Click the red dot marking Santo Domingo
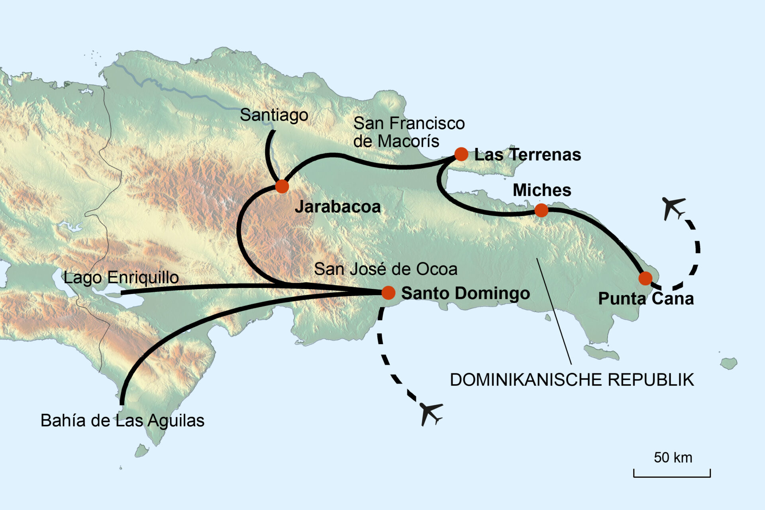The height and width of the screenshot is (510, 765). (388, 292)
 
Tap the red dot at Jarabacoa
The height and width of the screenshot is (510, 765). (282, 186)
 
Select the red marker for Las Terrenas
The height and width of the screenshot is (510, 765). (461, 154)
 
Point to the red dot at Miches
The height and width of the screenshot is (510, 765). (541, 210)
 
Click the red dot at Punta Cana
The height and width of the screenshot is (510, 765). (645, 278)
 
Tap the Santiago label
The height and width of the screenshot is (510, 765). (274, 115)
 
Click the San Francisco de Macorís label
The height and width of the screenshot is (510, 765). (408, 132)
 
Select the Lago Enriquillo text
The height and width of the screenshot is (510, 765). (121, 277)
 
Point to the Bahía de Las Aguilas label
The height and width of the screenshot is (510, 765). (122, 421)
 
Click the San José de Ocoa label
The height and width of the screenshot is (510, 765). (385, 269)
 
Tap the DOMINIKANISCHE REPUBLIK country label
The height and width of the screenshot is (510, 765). (572, 380)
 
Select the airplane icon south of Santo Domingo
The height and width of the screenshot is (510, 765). (431, 413)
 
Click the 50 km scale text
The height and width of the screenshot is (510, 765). (673, 457)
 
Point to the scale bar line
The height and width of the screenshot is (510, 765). (672, 476)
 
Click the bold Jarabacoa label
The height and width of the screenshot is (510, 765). (337, 207)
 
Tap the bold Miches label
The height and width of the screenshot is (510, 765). (541, 190)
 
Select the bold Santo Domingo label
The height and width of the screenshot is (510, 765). (465, 293)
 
